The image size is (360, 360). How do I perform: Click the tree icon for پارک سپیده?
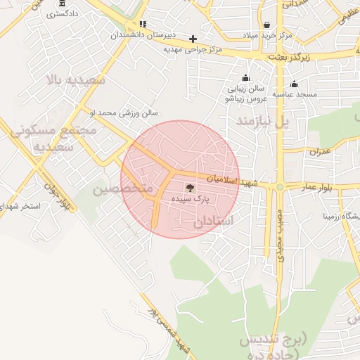pyautogui.click(x=189, y=187)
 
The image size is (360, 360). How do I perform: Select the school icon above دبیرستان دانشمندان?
pyautogui.click(x=143, y=23)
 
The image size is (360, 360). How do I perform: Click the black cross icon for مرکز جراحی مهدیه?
pyautogui.click(x=193, y=39)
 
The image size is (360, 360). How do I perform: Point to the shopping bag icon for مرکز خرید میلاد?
pyautogui.click(x=266, y=26)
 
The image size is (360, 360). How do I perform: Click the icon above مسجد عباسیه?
pyautogui.click(x=294, y=84)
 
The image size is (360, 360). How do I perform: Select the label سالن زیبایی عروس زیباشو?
pyautogui.click(x=245, y=94)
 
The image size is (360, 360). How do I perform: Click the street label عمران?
pyautogui.click(x=319, y=152)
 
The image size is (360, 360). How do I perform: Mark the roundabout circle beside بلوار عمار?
pyautogui.click(x=280, y=187)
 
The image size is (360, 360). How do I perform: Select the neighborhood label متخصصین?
pyautogui.click(x=122, y=189)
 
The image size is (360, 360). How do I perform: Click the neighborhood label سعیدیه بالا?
pyautogui.click(x=76, y=79)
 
